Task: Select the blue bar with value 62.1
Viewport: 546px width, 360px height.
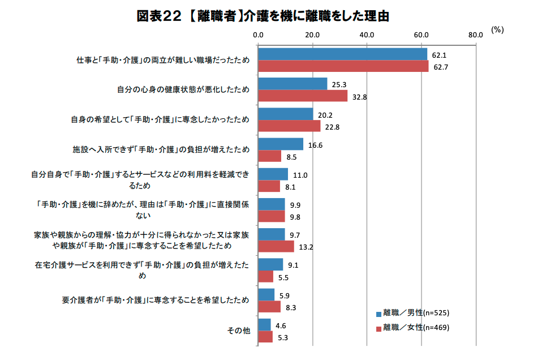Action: coord(342,54)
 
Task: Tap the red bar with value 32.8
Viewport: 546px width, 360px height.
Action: coord(303,96)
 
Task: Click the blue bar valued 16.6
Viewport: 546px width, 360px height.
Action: coord(281,144)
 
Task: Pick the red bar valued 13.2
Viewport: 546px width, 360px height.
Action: coord(276,246)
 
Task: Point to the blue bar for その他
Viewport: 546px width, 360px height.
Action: coord(264,324)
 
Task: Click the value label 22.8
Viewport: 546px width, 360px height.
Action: coord(332,127)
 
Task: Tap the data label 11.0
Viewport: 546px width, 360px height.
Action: coord(300,175)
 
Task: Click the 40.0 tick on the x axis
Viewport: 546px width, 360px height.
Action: coord(367,35)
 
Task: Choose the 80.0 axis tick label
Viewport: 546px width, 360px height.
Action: coord(476,35)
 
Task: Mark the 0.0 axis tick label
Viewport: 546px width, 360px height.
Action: coord(259,35)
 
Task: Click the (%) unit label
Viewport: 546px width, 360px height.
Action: coord(497,30)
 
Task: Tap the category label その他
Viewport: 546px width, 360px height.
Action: coord(238,331)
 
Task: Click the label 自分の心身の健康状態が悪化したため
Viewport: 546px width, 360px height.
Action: coord(183,89)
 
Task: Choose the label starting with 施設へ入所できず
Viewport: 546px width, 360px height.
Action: coord(161,150)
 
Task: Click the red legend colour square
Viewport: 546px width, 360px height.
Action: coord(379,328)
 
